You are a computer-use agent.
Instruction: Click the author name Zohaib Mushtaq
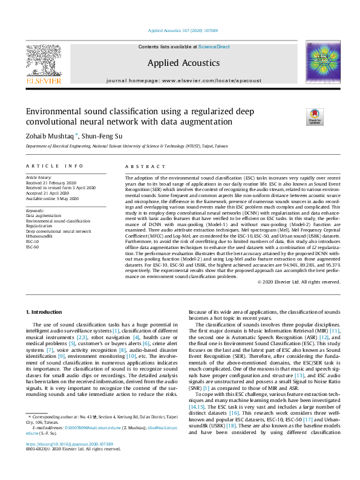48,136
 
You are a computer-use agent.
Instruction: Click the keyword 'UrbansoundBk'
41,236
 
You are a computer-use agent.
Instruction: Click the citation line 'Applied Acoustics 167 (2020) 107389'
182,30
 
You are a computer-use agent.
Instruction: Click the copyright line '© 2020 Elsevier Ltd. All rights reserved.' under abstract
298,282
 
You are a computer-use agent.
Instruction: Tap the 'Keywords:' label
35,210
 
